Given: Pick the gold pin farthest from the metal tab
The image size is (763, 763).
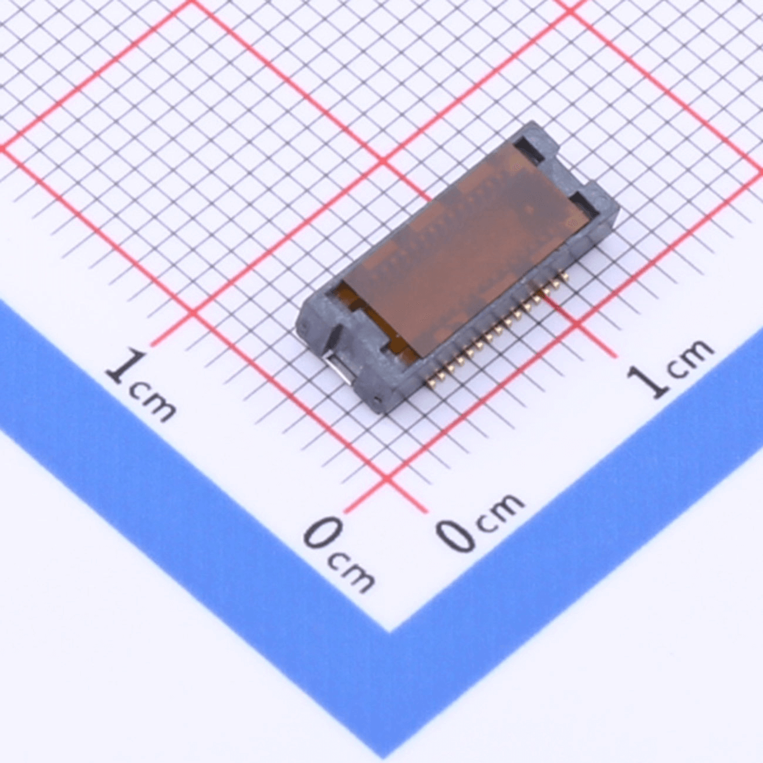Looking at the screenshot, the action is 565,275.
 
